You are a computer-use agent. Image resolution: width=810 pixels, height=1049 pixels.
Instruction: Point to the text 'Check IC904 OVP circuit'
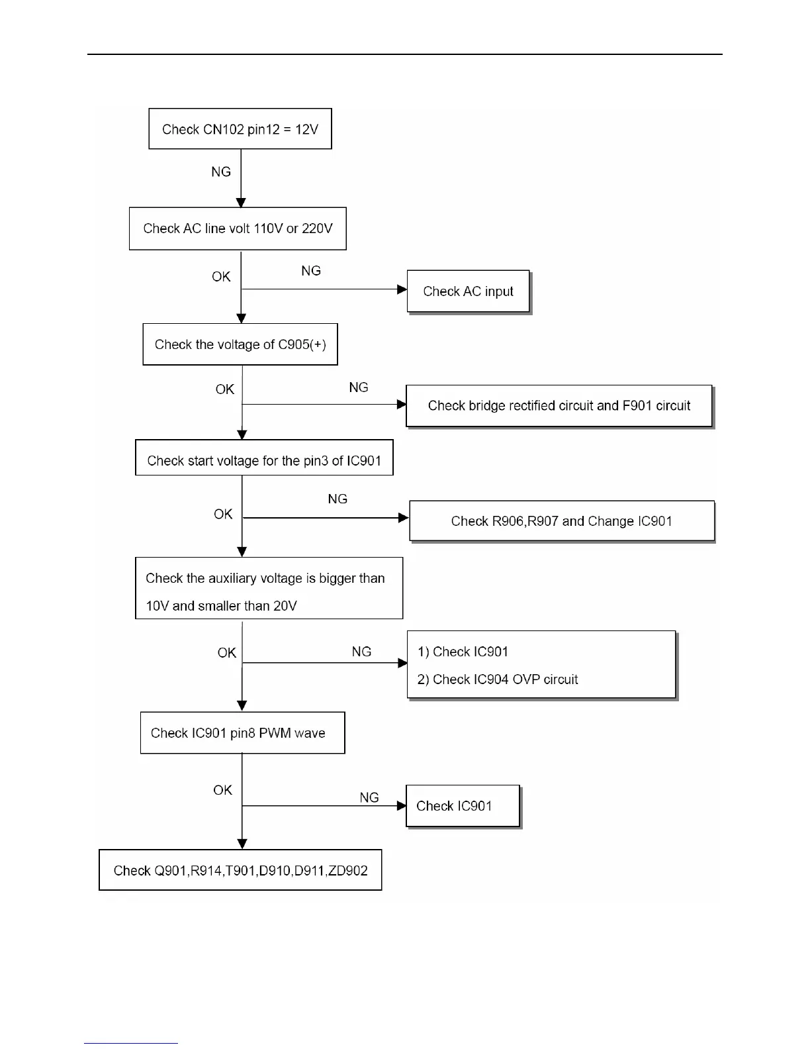click(x=505, y=679)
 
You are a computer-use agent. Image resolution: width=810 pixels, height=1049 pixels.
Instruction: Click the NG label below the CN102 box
click(x=221, y=172)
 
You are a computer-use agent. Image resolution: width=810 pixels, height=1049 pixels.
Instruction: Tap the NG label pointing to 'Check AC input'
click(x=311, y=271)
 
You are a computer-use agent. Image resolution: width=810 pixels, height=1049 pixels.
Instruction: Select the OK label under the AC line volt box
click(x=221, y=277)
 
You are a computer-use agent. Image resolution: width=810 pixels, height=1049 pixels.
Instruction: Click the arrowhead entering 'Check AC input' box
click(x=402, y=289)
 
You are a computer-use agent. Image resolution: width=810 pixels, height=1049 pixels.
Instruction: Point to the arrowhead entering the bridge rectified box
click(x=402, y=404)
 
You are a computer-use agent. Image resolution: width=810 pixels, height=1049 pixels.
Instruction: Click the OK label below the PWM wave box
click(x=222, y=790)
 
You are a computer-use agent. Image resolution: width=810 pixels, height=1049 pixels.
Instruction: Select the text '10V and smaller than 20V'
click(x=221, y=606)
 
